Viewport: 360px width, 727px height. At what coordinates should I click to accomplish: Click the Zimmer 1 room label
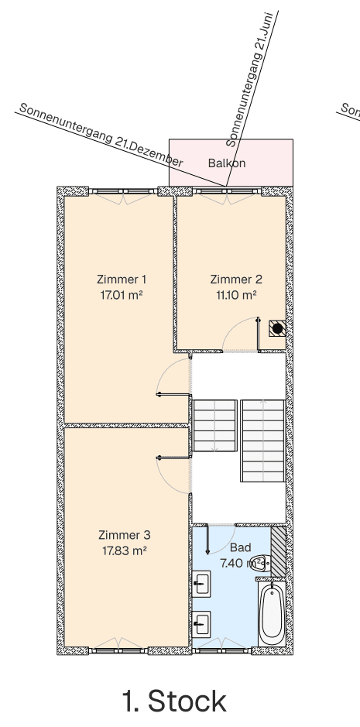122,279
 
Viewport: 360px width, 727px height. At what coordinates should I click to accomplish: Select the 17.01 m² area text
122,295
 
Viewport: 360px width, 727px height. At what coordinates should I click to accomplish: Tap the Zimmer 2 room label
236,279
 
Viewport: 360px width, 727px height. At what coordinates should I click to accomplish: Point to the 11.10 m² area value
236,295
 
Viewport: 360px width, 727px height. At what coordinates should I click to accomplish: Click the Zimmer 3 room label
124,535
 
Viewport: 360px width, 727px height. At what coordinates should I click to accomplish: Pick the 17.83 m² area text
124,550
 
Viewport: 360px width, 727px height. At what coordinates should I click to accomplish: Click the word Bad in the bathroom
241,547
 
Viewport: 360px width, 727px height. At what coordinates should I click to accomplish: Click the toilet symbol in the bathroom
262,563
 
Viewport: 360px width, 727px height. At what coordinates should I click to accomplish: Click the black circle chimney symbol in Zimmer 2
277,328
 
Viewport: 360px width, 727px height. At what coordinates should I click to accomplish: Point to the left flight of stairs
214,425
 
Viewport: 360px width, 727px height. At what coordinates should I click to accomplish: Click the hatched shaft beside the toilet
278,551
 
